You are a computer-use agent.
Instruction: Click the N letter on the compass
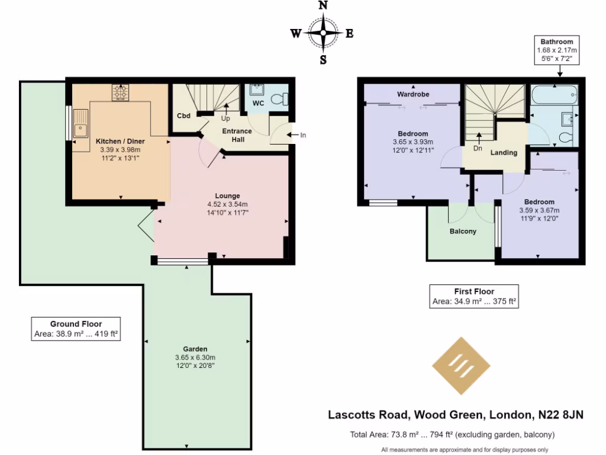pyautogui.click(x=323, y=6)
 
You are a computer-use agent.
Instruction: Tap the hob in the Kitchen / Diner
pyautogui.click(x=121, y=92)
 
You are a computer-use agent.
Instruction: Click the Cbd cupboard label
pyautogui.click(x=183, y=116)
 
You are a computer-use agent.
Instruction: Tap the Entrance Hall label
pyautogui.click(x=237, y=134)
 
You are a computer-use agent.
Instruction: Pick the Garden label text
pyautogui.click(x=195, y=349)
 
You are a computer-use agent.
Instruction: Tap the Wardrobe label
pyautogui.click(x=412, y=94)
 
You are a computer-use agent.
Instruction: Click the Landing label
pyautogui.click(x=504, y=152)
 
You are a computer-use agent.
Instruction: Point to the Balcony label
pyautogui.click(x=462, y=231)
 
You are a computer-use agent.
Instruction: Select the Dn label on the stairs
pyautogui.click(x=478, y=149)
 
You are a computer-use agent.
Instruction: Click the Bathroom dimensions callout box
pyautogui.click(x=556, y=50)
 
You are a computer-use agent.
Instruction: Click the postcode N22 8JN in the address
pyautogui.click(x=560, y=415)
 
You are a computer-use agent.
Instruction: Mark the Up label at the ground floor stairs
pyautogui.click(x=226, y=118)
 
